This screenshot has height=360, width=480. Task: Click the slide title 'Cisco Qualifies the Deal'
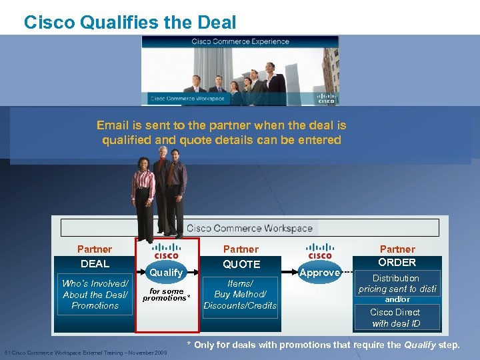[x=130, y=23]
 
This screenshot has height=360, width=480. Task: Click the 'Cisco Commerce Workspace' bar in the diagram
[x=249, y=228]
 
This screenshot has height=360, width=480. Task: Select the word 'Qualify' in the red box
[x=166, y=272]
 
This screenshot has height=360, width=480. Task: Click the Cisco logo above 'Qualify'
[x=166, y=251]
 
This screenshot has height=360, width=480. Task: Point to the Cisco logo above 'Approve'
[x=319, y=251]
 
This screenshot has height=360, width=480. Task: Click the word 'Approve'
[x=319, y=272]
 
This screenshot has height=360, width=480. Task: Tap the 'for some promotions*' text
[x=166, y=295]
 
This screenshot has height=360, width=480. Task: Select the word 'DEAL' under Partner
[x=95, y=263]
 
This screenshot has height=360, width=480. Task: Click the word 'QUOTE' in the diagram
[x=241, y=264]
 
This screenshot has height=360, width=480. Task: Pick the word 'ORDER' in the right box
[x=397, y=262]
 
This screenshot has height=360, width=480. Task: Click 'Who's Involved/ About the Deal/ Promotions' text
[x=95, y=294]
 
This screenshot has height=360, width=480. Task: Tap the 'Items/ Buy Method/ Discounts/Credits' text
[x=240, y=294]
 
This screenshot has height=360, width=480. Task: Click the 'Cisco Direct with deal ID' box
[x=395, y=317]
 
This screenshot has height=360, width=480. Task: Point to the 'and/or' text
[x=397, y=299]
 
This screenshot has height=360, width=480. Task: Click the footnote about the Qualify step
[x=323, y=345]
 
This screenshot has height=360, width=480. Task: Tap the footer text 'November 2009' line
[x=85, y=352]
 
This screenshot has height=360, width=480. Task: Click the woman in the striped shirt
[x=143, y=193]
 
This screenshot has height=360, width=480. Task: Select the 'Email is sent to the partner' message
[x=221, y=133]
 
